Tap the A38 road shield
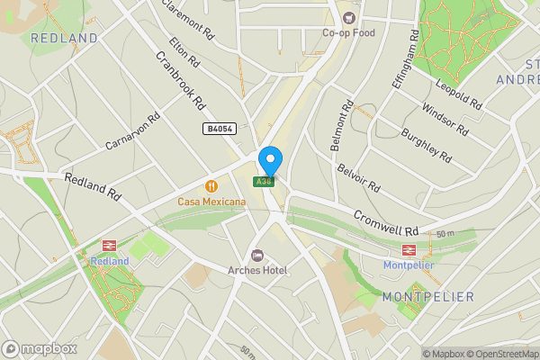point(264,182)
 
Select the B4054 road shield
point(219,130)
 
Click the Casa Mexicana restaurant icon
point(211,186)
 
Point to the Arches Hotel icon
point(257,256)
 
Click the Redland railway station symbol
point(110,246)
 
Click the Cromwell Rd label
point(386,218)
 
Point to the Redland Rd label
point(92,186)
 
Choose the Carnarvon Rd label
point(131,131)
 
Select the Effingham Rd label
point(405,59)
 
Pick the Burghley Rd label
point(427,141)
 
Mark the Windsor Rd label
point(445,119)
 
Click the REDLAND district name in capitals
point(64,39)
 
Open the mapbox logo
point(40,348)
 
